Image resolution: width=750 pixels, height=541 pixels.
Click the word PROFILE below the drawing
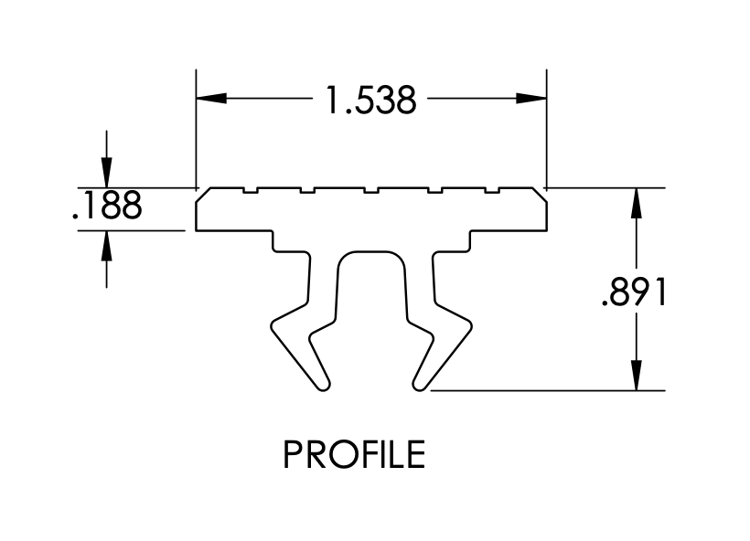[x=354, y=454]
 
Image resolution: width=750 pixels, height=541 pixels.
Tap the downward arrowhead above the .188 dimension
[x=107, y=173]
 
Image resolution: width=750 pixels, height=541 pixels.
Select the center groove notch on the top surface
[x=370, y=190]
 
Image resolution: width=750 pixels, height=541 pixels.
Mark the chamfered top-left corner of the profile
[x=202, y=194]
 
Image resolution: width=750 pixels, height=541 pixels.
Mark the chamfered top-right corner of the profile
[x=541, y=194]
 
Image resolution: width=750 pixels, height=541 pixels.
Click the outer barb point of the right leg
[x=471, y=322]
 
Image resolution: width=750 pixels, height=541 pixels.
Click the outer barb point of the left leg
[x=272, y=322]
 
